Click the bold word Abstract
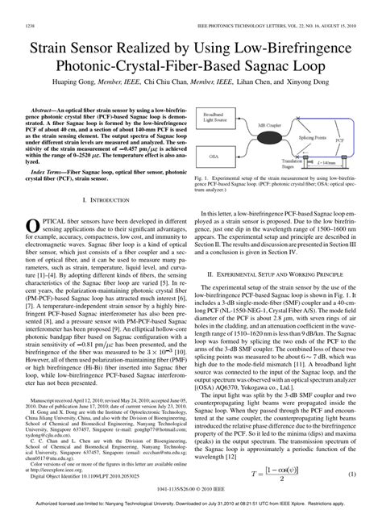48,107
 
